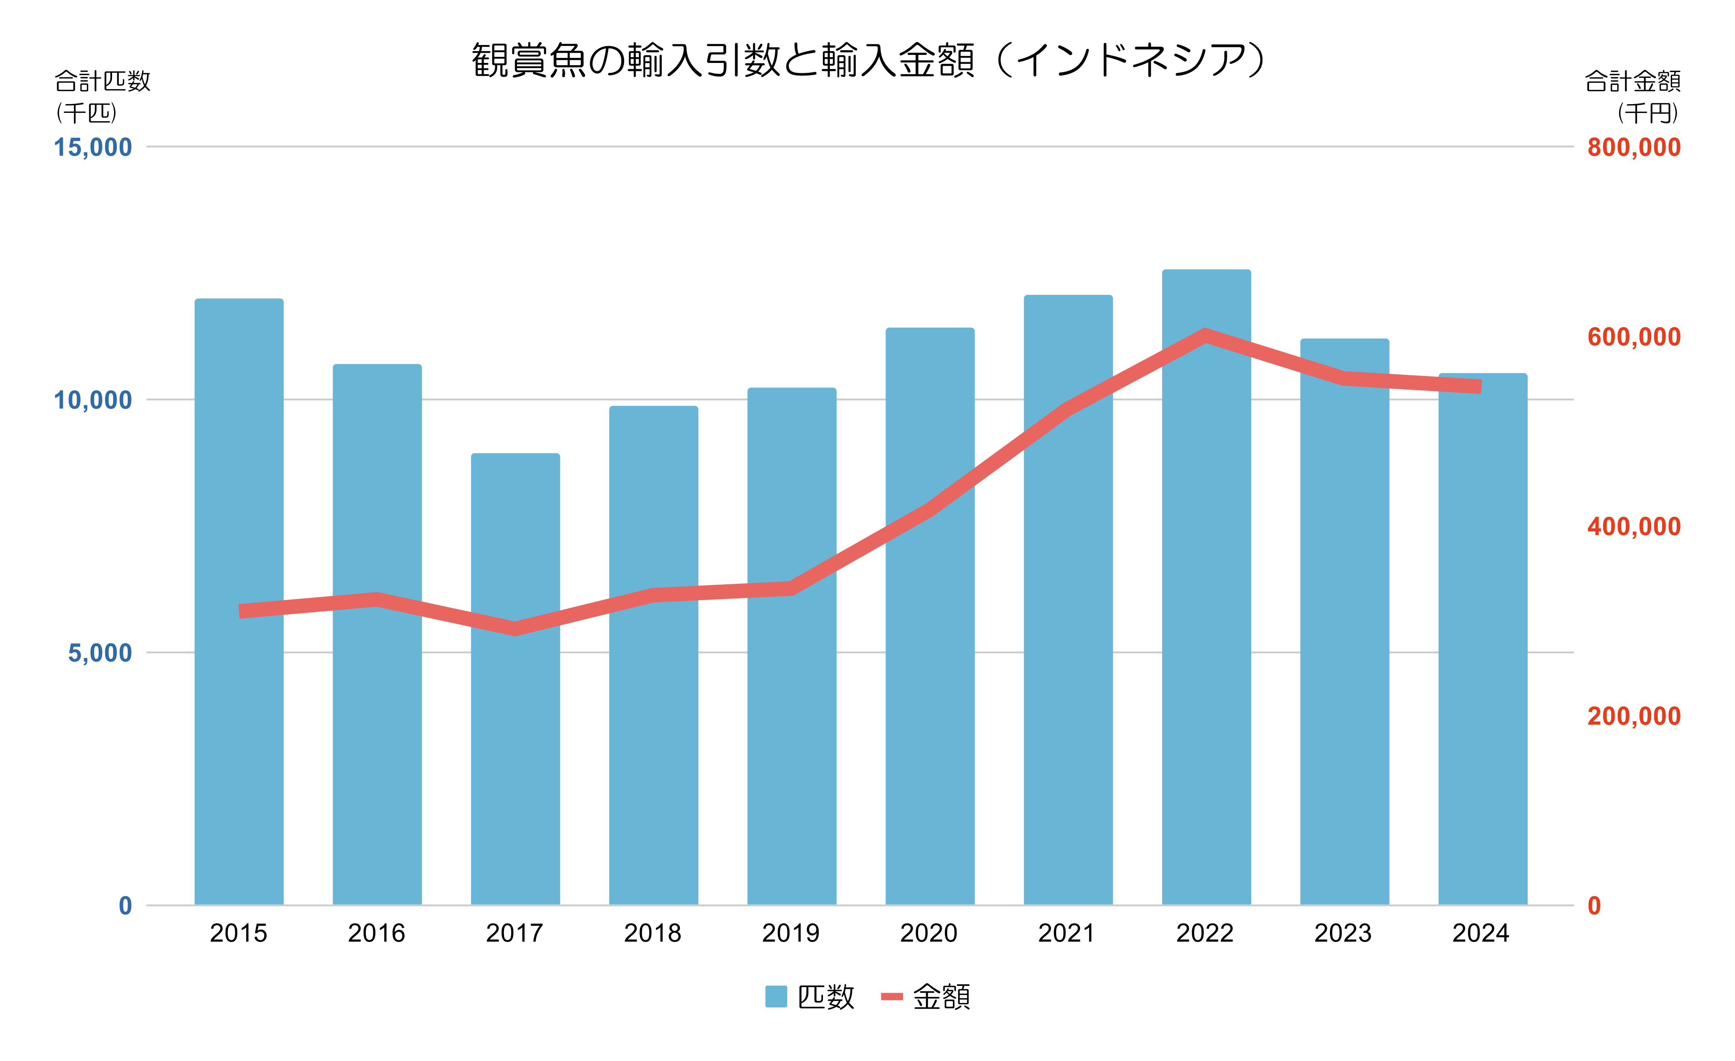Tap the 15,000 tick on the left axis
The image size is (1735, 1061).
pos(93,147)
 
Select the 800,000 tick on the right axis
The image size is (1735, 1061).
pos(1634,147)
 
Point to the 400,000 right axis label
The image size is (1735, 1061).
pos(1634,526)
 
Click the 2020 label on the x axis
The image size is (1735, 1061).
pos(929,934)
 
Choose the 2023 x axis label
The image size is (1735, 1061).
pos(1343,934)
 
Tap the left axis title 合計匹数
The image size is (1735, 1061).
pos(103,81)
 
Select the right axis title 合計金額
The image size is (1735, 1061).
pos(1632,81)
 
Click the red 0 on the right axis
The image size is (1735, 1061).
pos(1594,906)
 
